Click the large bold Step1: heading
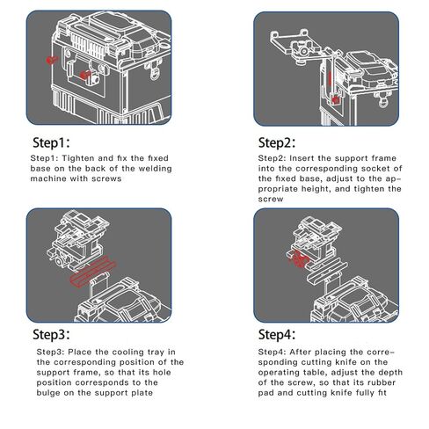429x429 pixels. pos(51,142)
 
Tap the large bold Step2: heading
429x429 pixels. pos(277,142)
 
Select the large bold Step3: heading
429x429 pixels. pos(51,334)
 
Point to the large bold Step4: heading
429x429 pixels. pos(277,334)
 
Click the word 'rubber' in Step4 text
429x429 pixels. pos(382,382)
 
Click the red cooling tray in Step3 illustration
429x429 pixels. pos(93,272)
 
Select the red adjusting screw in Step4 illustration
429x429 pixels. pos(298,258)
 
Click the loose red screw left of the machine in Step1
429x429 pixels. pos(52,60)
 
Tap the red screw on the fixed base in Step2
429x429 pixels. pos(335,100)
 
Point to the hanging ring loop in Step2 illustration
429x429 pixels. pos(382,102)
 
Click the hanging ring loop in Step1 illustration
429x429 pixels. pos(155,73)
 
